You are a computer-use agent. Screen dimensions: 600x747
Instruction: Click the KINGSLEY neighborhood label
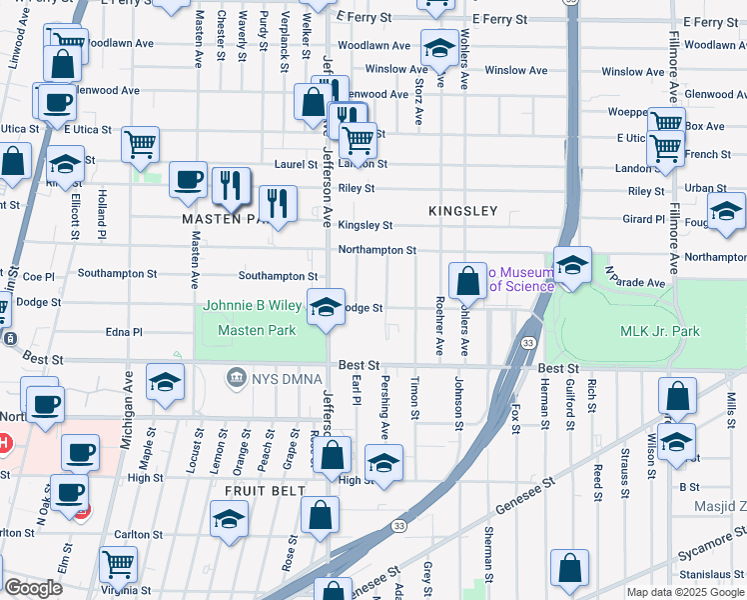click(x=462, y=211)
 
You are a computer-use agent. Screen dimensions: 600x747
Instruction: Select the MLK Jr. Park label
click(x=660, y=331)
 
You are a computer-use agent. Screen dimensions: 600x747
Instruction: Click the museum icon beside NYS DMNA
click(x=237, y=376)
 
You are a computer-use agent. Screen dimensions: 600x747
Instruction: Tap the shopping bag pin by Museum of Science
click(x=467, y=281)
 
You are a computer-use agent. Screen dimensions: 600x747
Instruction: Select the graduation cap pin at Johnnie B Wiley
click(x=325, y=307)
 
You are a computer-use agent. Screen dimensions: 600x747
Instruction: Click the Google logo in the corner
click(x=32, y=588)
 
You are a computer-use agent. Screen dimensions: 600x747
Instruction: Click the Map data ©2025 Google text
click(x=684, y=592)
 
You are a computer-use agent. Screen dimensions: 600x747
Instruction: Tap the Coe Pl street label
click(x=38, y=276)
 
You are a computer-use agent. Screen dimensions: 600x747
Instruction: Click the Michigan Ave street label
click(x=129, y=398)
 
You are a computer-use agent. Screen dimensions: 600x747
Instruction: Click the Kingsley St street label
click(x=365, y=226)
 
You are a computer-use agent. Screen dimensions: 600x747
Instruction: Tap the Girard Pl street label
click(x=644, y=219)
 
